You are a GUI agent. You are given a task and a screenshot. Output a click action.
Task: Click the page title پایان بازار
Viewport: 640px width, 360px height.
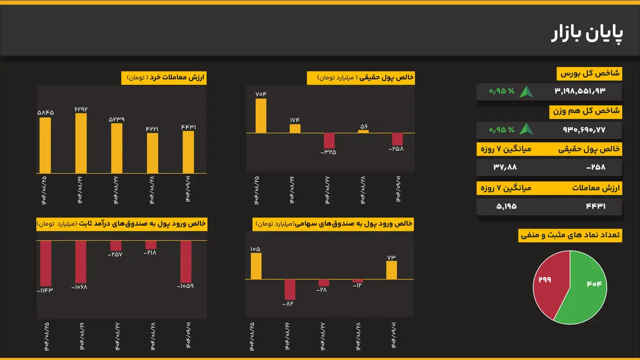pos(587,33)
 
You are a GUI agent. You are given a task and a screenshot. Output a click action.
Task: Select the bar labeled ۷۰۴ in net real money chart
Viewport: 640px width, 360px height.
pos(261,116)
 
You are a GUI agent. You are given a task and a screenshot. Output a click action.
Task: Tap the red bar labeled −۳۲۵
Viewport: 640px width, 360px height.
pos(329,140)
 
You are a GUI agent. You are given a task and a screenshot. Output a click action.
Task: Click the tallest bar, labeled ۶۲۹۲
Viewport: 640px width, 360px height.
pos(81,143)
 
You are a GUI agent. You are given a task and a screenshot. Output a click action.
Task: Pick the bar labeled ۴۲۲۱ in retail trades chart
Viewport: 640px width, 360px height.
pos(153,153)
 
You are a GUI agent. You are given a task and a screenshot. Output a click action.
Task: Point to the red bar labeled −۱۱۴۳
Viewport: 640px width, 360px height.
pos(46,263)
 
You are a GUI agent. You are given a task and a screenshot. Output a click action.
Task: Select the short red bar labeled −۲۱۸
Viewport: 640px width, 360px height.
pos(151,245)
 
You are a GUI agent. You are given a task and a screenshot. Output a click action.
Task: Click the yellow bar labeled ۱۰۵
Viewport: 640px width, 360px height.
pos(256,266)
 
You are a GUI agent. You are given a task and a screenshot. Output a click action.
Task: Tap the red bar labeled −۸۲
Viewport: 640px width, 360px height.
pos(290,290)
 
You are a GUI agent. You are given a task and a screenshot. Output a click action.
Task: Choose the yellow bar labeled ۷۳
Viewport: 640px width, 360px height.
pos(391,270)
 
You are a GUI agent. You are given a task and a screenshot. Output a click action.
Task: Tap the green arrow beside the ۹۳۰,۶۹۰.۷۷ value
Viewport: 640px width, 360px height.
pos(527,130)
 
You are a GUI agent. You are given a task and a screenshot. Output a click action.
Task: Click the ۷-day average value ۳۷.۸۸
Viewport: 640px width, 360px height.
pos(505,167)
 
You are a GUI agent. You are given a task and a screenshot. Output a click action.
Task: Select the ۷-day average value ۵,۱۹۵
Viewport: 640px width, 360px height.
pos(506,206)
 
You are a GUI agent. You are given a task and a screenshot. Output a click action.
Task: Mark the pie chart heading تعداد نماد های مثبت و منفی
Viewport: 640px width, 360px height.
pos(571,235)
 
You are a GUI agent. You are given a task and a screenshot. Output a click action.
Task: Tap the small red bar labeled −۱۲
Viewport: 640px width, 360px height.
pos(357,281)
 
